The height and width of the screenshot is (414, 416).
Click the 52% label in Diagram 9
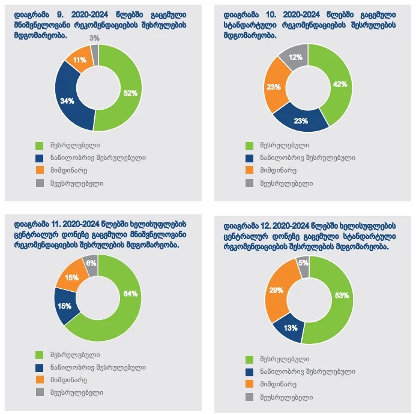coord(130,93)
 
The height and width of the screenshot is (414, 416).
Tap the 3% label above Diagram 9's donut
coord(94,38)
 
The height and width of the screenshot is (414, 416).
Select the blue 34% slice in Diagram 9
coord(67,100)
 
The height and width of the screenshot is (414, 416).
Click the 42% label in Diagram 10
coord(340,84)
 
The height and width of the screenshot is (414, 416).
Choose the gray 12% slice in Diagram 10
coord(295,57)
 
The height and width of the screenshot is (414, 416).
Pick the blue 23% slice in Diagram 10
coord(301,120)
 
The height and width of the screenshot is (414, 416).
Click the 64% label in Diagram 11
coord(130,294)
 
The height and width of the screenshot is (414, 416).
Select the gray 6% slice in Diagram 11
coord(91,263)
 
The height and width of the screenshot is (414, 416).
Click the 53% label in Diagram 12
coord(341,295)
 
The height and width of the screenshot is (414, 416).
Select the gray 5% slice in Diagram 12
coord(303,264)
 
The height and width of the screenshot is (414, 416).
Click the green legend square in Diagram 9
coord(40,145)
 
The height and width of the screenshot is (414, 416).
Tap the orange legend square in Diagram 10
coord(250,171)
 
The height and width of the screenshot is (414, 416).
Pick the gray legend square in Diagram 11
coord(40,392)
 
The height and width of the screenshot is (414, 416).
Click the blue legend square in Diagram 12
coord(250,371)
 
